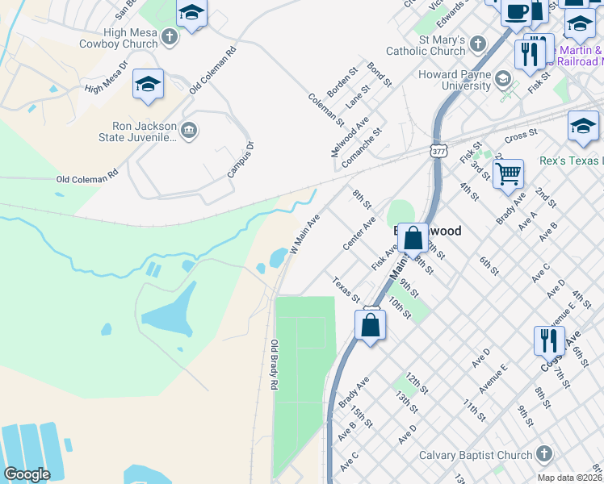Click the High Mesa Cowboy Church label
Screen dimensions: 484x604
click(118, 37)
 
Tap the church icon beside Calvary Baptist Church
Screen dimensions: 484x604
click(543, 455)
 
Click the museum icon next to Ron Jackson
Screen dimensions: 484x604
click(189, 131)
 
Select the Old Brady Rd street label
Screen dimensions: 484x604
click(275, 365)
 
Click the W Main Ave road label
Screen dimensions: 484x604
click(305, 234)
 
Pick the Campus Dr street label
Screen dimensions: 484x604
click(241, 160)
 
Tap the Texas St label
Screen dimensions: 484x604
click(346, 290)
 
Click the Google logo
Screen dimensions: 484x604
click(27, 474)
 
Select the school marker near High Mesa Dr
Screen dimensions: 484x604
click(149, 85)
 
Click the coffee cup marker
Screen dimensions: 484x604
click(515, 12)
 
